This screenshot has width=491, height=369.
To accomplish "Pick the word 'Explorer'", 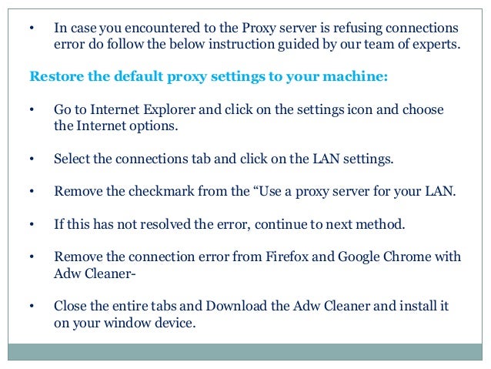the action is coord(169,110).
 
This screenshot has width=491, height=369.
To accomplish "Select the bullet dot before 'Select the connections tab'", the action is coord(32,159).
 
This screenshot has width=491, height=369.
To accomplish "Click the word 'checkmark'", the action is coord(162,191).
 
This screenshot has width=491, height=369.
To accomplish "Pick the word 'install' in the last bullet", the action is coord(416,306).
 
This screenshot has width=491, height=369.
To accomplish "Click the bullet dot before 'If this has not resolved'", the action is coord(32,224).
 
